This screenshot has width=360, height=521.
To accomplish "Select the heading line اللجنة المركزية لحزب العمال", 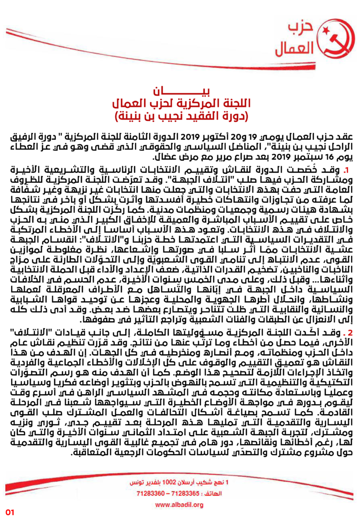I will click(180, 103).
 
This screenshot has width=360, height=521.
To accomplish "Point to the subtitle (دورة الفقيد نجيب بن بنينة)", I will click(180, 115).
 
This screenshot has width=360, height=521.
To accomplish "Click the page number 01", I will click(11, 512).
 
